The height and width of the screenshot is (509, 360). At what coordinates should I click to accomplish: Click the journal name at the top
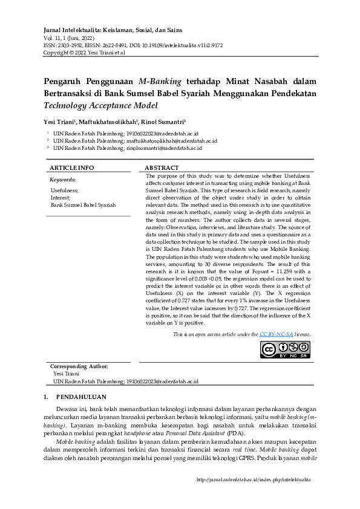click(x=113, y=30)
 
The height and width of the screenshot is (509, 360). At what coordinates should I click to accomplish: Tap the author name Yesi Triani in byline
click(x=59, y=121)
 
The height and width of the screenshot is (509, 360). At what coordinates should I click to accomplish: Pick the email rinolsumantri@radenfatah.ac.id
click(x=164, y=148)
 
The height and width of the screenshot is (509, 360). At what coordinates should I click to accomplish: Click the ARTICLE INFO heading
click(x=71, y=167)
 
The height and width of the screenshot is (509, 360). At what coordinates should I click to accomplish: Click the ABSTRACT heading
click(x=162, y=167)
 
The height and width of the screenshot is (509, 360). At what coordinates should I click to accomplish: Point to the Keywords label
click(x=62, y=180)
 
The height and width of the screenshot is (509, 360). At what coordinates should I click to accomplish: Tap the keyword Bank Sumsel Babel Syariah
click(x=83, y=205)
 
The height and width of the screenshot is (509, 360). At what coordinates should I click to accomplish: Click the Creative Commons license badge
click(x=284, y=349)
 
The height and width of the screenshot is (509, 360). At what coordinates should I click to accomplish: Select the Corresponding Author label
click(x=79, y=366)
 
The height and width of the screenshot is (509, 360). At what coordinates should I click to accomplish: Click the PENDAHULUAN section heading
click(x=81, y=397)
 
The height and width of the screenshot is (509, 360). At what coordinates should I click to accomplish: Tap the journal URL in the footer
click(x=254, y=479)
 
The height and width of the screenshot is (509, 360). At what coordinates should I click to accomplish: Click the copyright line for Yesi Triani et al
click(x=84, y=53)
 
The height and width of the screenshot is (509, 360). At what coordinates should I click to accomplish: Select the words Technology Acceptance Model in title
click(x=100, y=105)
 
